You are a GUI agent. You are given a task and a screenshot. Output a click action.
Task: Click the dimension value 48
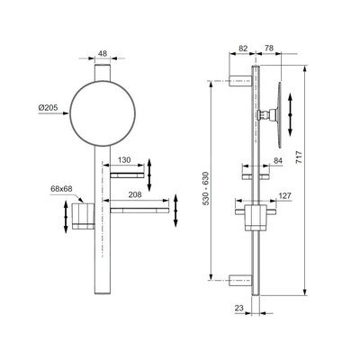click(x=103, y=54)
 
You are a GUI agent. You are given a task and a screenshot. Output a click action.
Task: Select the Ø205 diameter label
click(x=48, y=107)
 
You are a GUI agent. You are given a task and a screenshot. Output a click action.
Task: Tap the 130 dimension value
click(x=124, y=160)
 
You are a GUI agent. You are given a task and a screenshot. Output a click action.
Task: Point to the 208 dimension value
click(x=135, y=194)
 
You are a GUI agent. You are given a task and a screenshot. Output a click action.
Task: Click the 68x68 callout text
click(x=61, y=189)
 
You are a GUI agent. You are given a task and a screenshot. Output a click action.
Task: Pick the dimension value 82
click(x=244, y=49)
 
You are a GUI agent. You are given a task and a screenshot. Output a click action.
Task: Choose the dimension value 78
click(x=269, y=49)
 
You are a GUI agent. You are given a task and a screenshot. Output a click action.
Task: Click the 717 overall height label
click(x=300, y=157)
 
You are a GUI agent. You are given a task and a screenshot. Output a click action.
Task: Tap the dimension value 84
click(x=278, y=161)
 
